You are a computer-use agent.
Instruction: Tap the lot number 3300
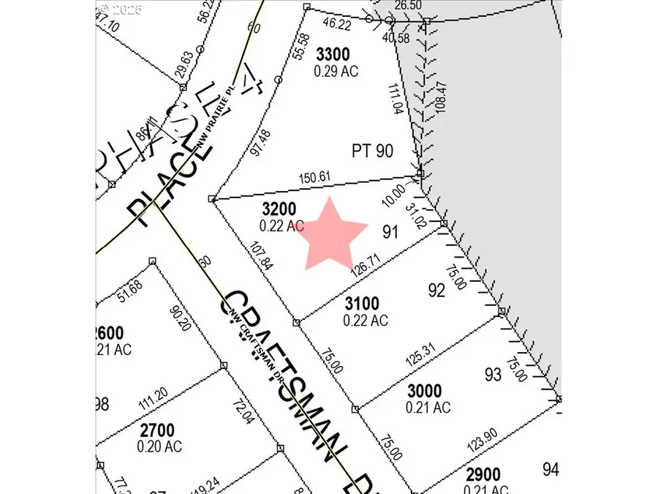(x=333, y=54)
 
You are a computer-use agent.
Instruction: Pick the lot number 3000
(x=425, y=392)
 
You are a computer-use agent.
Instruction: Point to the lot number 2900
(x=482, y=474)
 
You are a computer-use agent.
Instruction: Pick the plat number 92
(x=436, y=291)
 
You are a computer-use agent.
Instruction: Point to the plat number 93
(x=493, y=375)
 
